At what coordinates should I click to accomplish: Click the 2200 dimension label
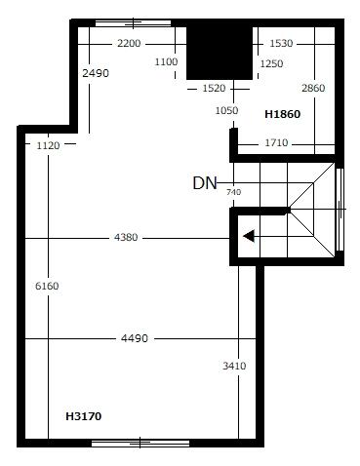[x=129, y=43]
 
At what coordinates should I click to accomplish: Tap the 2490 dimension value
[x=96, y=73]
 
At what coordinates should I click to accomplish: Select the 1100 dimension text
[x=166, y=61]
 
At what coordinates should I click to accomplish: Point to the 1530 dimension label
[x=281, y=43]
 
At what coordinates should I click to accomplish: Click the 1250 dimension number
[x=271, y=63]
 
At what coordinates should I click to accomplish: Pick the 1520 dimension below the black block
[x=214, y=88]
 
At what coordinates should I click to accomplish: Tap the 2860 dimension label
[x=313, y=88]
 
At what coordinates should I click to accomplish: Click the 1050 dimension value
[x=226, y=110]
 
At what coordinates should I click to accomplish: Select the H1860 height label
[x=282, y=114]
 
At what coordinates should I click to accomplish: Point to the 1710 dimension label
[x=276, y=142]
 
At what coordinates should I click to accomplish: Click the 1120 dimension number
[x=48, y=145]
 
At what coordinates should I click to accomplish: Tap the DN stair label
[x=205, y=183]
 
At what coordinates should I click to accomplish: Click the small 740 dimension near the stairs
[x=233, y=192]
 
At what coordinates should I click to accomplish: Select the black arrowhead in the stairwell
[x=249, y=236]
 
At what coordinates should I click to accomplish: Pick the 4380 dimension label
[x=126, y=238]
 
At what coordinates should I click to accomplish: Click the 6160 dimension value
[x=47, y=287]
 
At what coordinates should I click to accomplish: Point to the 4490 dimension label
[x=135, y=338]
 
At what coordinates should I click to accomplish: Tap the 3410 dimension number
[x=234, y=367]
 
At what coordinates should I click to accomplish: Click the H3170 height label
[x=84, y=416]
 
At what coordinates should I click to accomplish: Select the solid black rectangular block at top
[x=220, y=53]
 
